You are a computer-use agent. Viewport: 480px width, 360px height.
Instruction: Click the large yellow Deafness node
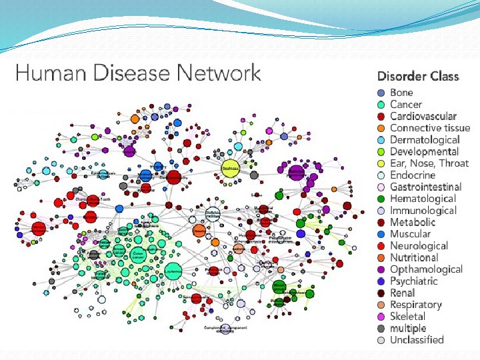[230, 168]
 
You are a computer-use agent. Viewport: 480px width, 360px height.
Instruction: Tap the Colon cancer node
[138, 254]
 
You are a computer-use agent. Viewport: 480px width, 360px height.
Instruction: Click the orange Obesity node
[199, 231]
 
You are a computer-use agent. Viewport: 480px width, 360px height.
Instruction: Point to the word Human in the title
[42, 73]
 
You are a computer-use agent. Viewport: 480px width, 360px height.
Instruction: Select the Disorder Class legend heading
[418, 76]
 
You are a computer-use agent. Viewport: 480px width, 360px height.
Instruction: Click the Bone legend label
[401, 93]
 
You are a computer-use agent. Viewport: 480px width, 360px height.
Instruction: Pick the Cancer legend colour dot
[381, 105]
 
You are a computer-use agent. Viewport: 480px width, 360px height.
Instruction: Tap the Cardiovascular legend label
[423, 116]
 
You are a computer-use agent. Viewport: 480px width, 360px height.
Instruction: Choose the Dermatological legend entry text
[425, 139]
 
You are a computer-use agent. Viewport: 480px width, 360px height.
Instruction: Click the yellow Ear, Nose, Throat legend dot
[381, 163]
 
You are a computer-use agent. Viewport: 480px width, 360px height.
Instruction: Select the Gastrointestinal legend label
[425, 187]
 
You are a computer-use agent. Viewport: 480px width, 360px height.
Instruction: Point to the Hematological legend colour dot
[381, 199]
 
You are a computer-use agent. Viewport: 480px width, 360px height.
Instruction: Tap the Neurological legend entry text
[419, 245]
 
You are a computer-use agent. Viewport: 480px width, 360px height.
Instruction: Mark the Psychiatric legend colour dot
[381, 281]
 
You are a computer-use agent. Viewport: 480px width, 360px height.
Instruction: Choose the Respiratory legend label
[416, 304]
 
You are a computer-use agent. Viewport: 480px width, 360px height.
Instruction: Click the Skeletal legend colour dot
[381, 316]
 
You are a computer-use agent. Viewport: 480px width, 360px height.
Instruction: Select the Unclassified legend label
[417, 339]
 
